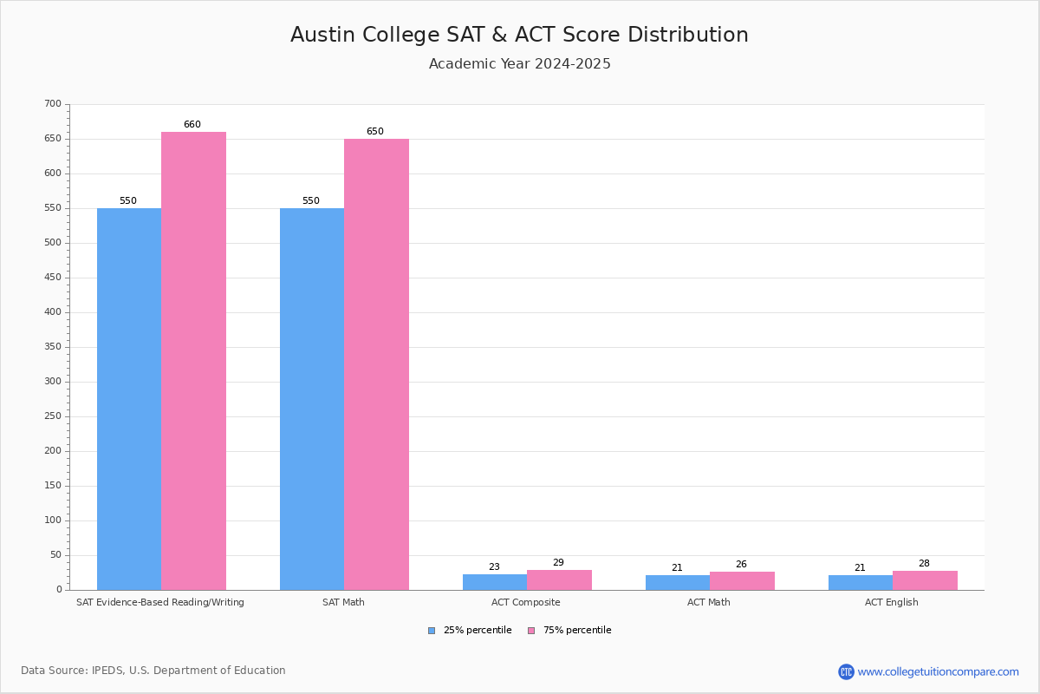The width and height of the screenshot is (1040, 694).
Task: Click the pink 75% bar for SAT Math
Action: coord(376,364)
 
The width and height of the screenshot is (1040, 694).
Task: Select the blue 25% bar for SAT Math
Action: coord(312,399)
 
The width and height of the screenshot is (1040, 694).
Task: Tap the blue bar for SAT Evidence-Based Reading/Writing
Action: coord(129,399)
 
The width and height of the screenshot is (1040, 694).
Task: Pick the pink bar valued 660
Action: coord(193,361)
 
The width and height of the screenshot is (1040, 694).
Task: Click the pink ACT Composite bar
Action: coord(559,579)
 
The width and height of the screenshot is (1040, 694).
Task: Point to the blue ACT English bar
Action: coord(860,582)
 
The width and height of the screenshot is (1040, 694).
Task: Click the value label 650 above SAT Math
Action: coord(374,132)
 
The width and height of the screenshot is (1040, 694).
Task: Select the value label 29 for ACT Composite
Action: coord(558,563)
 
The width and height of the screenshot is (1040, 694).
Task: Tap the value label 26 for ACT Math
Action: coord(741,565)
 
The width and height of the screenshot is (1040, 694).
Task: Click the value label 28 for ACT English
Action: coord(924,564)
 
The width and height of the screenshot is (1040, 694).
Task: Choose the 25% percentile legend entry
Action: coord(470,631)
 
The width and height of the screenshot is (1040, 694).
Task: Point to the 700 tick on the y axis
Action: coord(53,104)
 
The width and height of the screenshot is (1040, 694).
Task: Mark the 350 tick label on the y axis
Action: coord(53,347)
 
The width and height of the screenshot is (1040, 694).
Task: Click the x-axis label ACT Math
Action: coord(709,602)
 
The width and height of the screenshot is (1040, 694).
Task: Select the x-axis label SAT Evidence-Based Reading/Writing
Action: coord(160,602)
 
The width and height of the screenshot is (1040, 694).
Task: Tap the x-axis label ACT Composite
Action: coord(526,602)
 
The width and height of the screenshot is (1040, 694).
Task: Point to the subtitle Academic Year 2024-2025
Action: coord(519,64)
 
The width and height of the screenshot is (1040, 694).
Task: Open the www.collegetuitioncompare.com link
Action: coord(938,671)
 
